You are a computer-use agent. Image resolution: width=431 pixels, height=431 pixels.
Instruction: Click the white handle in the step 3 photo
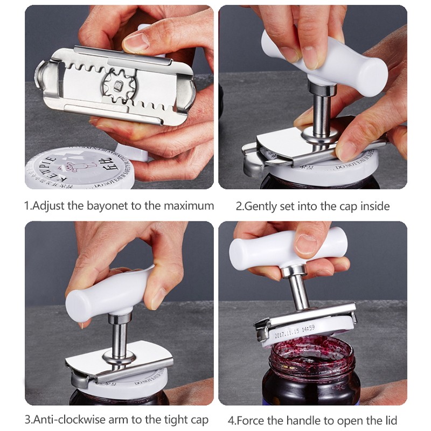click(108, 291)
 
